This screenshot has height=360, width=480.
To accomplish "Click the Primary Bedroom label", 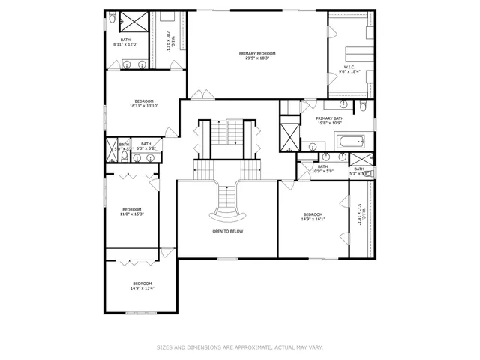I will click(257, 55).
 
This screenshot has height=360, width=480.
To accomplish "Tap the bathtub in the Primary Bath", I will click(350, 140).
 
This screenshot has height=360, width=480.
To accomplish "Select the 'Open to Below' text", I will click(227, 231).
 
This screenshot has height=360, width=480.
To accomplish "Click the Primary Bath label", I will click(329, 121).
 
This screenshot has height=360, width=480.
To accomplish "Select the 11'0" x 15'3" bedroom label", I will click(132, 211).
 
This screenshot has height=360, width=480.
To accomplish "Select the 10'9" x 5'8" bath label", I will click(322, 169).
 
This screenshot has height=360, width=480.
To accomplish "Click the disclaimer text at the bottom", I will click(240, 346).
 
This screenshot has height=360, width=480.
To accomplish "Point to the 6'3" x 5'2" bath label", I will click(145, 146).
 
